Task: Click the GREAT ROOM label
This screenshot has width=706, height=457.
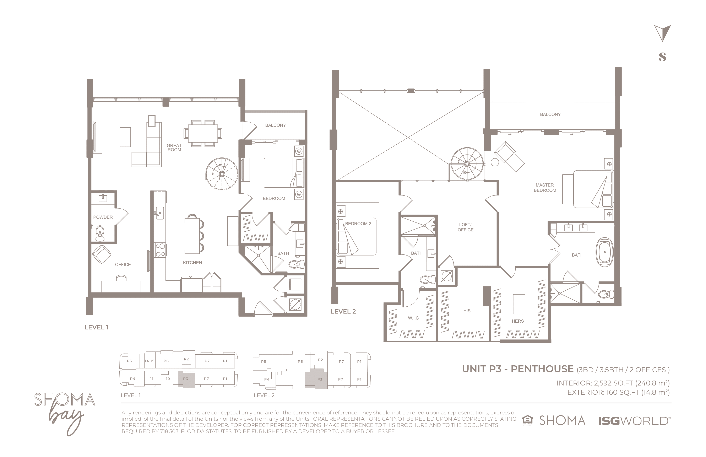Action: pos(174,147)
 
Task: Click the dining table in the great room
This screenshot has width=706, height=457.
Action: pos(203,133)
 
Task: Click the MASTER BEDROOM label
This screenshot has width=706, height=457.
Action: pos(545,188)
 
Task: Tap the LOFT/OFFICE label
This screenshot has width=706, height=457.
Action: pos(465,227)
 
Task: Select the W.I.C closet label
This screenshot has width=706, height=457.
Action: pos(413,318)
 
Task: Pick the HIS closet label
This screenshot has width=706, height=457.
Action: pos(467,311)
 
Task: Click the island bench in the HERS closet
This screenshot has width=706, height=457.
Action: pos(519,304)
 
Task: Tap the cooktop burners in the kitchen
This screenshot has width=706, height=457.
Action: pos(160,250)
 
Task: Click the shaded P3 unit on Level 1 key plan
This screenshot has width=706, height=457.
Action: pos(186,380)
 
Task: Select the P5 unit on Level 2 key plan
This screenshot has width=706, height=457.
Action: pos(264,361)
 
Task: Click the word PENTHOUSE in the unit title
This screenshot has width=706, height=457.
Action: pos(542,369)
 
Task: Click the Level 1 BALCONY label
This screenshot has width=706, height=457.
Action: pos(275,125)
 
